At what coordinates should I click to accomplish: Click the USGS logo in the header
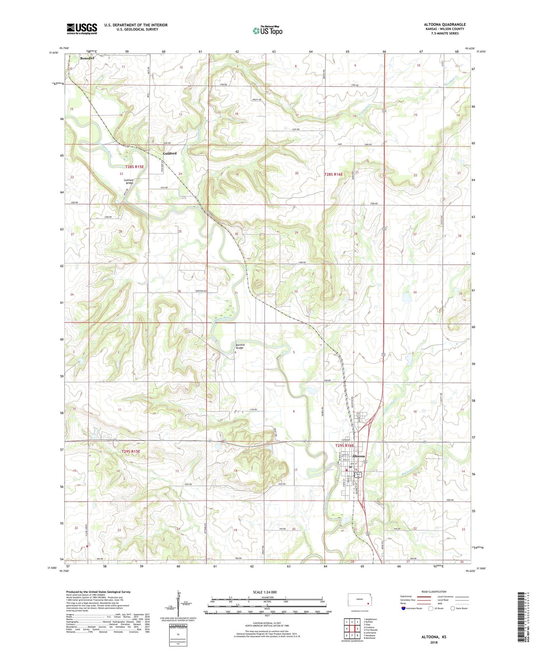[82, 29]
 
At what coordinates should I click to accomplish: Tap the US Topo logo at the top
[267, 31]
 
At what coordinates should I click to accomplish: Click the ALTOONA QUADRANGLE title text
[444, 24]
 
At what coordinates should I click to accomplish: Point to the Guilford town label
[170, 153]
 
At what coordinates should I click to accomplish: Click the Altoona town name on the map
[359, 456]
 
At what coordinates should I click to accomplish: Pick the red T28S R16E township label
[333, 174]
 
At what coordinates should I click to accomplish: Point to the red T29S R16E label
[344, 446]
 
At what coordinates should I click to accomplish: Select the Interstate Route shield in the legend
[404, 608]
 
